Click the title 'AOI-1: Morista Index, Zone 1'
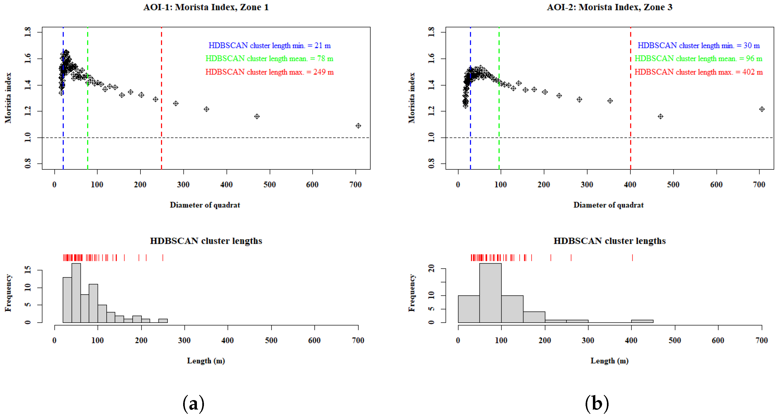click(206, 7)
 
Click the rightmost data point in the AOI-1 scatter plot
click(358, 126)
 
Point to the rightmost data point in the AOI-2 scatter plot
click(761, 109)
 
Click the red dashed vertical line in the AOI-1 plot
click(162, 151)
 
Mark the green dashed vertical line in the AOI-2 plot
click(499, 151)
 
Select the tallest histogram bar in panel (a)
click(76, 293)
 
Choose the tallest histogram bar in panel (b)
click(490, 293)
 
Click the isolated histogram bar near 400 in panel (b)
click(642, 321)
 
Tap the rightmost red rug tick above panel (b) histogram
click(632, 258)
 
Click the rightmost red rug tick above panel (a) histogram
click(163, 258)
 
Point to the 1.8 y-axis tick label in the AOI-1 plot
click(28, 32)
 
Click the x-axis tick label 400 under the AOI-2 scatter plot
click(630, 185)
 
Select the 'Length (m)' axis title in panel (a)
click(206, 361)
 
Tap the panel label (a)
click(194, 404)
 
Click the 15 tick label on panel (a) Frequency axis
click(28, 270)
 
